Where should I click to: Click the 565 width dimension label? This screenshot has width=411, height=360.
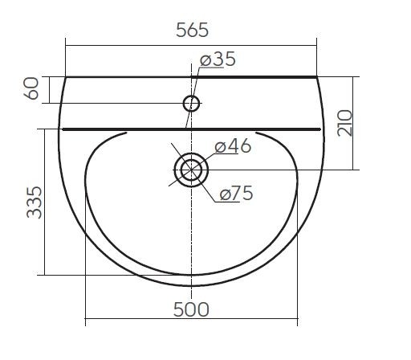(192, 30)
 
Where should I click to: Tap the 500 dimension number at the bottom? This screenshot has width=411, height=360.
(191, 309)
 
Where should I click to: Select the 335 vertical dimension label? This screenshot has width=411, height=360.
(35, 202)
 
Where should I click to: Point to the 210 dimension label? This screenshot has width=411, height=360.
(345, 123)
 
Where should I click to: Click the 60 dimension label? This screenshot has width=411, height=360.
(31, 88)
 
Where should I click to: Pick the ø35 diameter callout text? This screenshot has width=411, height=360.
(218, 59)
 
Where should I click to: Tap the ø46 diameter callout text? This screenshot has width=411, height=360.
(233, 146)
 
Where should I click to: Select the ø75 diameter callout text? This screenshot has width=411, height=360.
(236, 193)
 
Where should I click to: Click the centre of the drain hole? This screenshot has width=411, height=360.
(191, 170)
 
